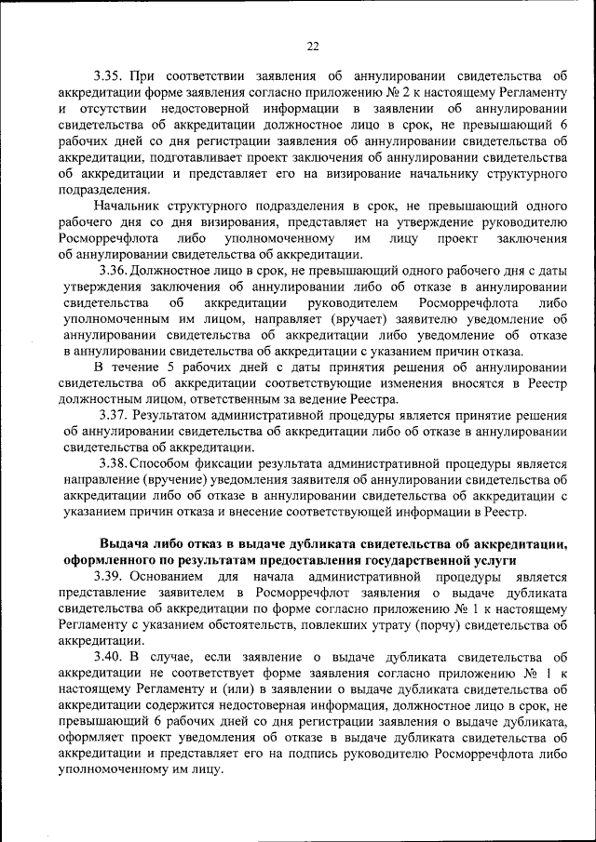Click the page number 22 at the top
click(312, 47)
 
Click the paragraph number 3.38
click(115, 463)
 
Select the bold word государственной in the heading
click(411, 561)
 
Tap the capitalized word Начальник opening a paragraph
click(129, 206)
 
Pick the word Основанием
click(173, 577)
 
